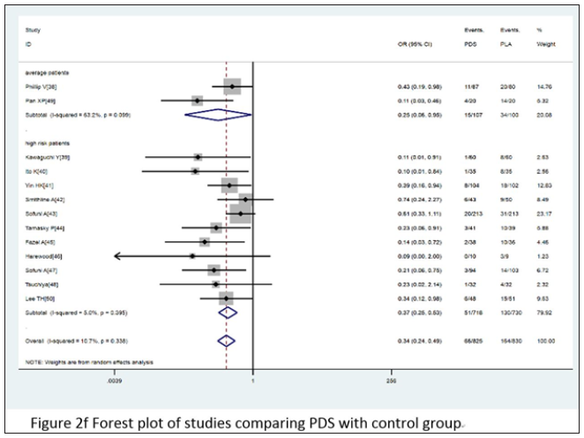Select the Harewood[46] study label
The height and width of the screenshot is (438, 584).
[x=42, y=256]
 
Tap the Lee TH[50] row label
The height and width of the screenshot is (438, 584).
[x=38, y=298]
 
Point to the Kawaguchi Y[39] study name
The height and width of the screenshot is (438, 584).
[x=46, y=156]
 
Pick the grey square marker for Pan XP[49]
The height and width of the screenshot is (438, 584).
[x=197, y=101]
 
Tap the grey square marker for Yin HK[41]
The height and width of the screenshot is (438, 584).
[x=229, y=185]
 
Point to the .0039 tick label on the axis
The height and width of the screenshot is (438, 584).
[x=114, y=382]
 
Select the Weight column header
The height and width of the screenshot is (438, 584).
[x=545, y=42]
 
